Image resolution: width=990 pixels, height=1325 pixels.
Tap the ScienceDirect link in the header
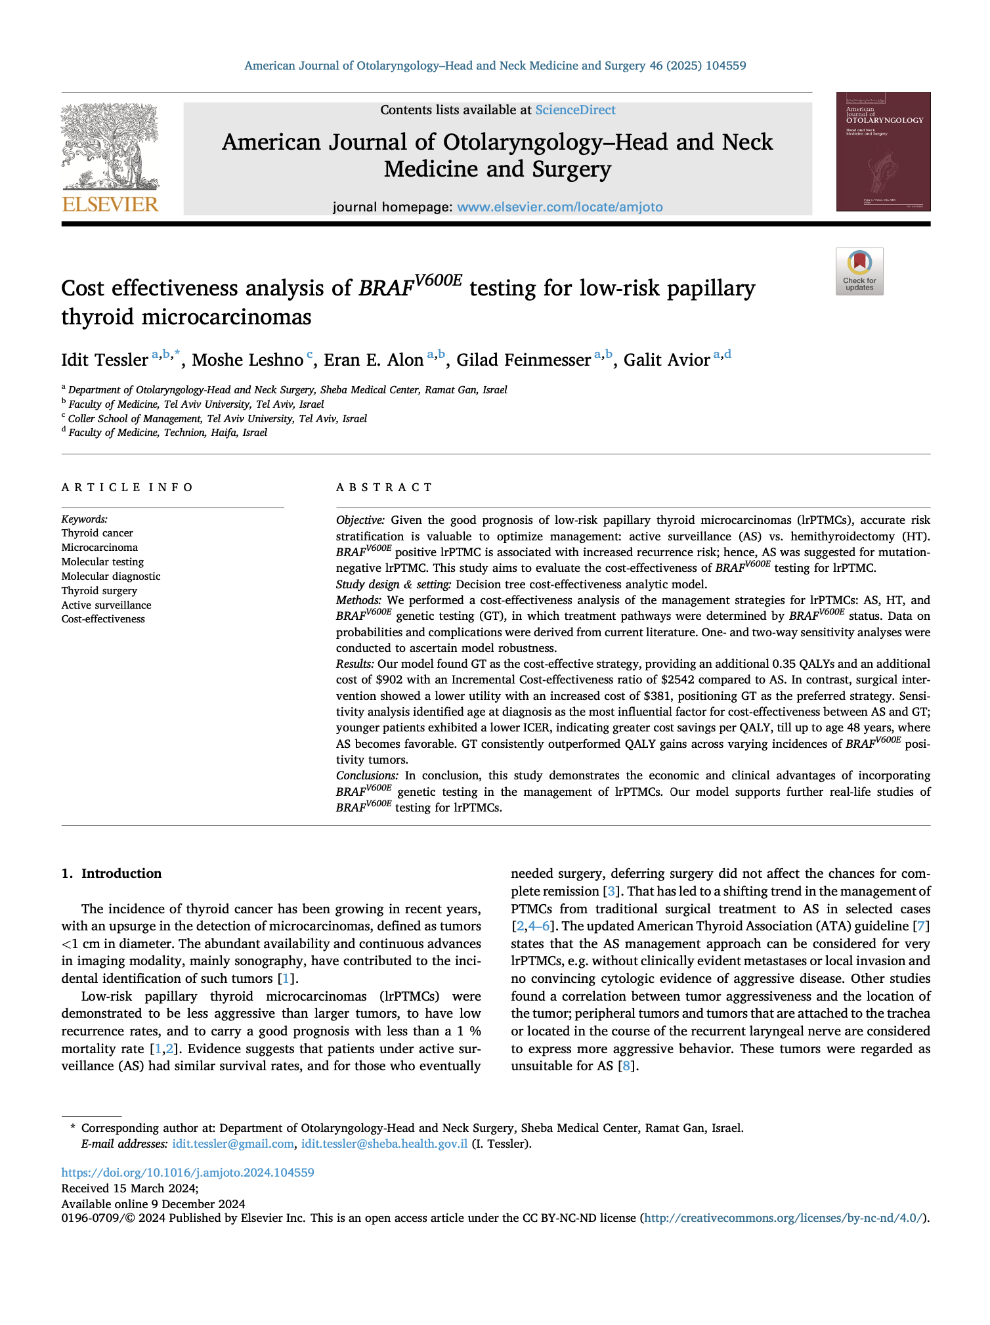point(575,110)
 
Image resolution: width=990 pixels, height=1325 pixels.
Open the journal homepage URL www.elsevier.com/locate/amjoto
point(559,207)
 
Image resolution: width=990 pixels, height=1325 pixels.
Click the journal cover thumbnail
point(882,152)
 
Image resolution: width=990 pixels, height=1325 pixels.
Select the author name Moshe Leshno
point(247,360)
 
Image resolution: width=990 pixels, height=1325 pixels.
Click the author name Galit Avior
point(666,360)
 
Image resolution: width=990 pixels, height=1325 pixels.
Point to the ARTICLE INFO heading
point(127,487)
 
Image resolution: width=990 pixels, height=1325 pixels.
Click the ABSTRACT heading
point(384,487)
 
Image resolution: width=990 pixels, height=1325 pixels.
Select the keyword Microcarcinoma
point(100,548)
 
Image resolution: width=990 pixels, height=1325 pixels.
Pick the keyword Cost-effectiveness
point(103,619)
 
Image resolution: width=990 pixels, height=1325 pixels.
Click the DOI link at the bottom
point(188,1172)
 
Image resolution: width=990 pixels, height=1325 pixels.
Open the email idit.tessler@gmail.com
point(232,1144)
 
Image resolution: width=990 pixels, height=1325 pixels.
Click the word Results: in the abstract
point(355,664)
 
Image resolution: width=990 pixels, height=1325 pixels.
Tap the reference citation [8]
point(627,1066)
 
